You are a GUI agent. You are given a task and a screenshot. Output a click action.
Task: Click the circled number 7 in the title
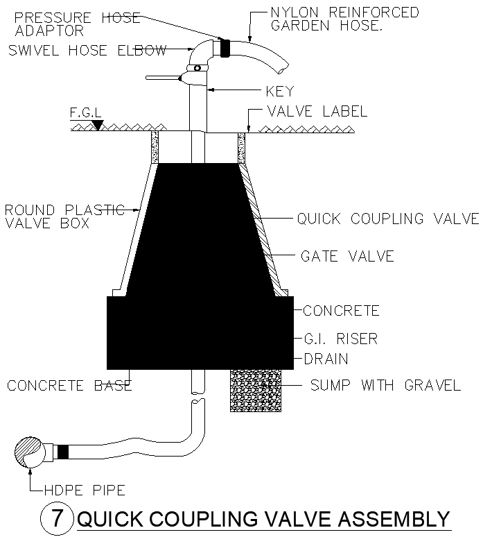[57, 519]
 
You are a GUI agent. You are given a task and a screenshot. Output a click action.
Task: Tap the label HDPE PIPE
[84, 491]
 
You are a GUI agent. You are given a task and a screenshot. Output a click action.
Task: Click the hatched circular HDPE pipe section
[30, 452]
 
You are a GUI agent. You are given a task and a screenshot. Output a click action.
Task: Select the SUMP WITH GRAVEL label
[385, 385]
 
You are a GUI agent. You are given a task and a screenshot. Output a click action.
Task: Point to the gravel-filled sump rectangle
[256, 391]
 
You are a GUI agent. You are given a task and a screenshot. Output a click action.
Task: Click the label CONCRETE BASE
[69, 385]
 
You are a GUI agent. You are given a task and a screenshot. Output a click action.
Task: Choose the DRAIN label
[325, 359]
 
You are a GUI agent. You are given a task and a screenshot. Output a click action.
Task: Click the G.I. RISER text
[340, 339]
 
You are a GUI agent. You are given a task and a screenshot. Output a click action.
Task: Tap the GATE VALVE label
[346, 256]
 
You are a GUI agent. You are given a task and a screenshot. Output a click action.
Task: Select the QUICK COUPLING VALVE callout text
[387, 219]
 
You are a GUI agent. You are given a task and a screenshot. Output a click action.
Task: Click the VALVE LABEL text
[317, 112]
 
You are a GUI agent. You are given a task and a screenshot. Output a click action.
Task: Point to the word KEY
[279, 91]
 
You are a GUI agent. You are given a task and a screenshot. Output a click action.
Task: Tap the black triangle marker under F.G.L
[98, 125]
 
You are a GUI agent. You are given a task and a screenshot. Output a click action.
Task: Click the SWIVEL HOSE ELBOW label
[87, 50]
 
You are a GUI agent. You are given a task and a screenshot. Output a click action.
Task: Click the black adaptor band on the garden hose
[225, 48]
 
